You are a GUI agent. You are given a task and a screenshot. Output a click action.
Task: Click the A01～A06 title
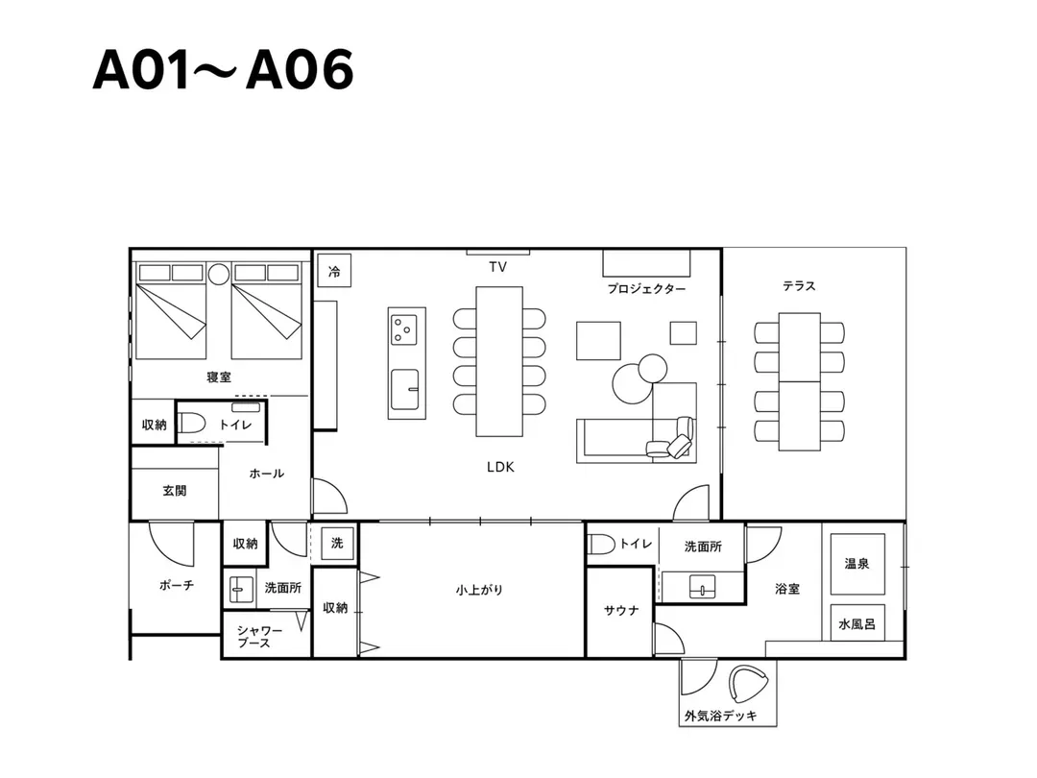point(223,69)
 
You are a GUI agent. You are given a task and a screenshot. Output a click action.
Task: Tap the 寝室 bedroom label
point(219,377)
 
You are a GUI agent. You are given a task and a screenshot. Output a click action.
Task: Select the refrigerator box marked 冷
point(334,271)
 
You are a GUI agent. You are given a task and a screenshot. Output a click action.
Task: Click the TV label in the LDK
point(497,267)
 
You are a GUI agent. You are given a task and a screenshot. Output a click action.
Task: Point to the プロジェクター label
point(646,289)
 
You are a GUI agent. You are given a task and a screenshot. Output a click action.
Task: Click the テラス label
point(799,286)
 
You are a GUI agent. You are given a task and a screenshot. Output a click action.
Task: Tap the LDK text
point(500,467)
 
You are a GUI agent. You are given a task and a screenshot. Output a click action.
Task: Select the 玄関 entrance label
point(175,491)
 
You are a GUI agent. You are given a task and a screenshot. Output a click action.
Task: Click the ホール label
point(267,474)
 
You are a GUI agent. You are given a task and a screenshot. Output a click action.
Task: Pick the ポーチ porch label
point(177,586)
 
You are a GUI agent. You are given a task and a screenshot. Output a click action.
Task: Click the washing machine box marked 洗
point(337,543)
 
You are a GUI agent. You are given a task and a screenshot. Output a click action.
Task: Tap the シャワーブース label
point(258,637)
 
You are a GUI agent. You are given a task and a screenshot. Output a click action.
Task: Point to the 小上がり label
point(479,590)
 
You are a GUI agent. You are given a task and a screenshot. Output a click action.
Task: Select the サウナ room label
point(621,611)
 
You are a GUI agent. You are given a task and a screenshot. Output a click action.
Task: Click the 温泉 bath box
point(857,564)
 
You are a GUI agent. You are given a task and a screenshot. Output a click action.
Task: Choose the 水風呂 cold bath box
point(857,623)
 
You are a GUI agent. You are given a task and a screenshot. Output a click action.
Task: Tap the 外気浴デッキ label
point(721,716)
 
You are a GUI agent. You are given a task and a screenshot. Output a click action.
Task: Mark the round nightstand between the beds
point(218,274)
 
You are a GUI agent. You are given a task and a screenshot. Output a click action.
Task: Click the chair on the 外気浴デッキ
point(748,684)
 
